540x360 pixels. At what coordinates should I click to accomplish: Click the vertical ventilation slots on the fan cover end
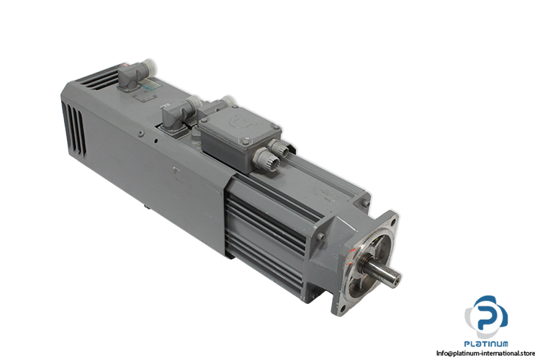[x=73, y=128]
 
